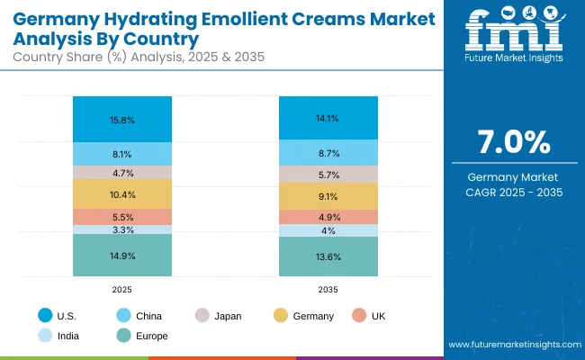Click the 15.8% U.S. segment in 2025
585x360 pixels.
pos(122,119)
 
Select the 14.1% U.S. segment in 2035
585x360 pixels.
pos(328,117)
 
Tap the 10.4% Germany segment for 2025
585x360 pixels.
pos(122,194)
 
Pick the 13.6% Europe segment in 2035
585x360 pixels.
pos(328,256)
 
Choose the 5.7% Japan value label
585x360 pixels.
pos(328,175)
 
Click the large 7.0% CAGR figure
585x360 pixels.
pos(512,143)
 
